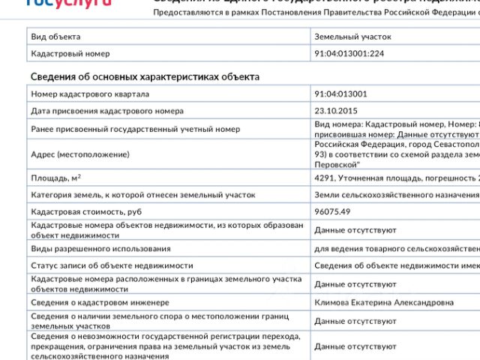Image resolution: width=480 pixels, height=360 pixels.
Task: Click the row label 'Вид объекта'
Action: tap(55, 36)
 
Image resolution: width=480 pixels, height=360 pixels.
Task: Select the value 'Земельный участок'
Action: tap(352, 36)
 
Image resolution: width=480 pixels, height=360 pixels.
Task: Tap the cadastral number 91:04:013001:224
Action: tap(349, 53)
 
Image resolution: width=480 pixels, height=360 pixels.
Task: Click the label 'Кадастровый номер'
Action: tap(70, 53)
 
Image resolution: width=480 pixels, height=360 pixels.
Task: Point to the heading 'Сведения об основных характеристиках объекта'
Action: tap(145, 76)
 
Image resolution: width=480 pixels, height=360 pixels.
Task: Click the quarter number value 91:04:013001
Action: tap(340, 94)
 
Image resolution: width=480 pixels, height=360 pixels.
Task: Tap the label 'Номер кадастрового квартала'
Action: tap(90, 94)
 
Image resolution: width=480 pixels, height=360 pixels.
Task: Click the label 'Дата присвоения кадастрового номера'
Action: tap(107, 111)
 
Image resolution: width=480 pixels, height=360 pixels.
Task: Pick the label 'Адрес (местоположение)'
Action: tap(80, 154)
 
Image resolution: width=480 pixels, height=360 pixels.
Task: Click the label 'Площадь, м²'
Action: tap(56, 178)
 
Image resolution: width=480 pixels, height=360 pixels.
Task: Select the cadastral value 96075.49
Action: tap(332, 211)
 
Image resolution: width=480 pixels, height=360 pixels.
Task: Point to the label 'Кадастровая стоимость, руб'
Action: tap(86, 211)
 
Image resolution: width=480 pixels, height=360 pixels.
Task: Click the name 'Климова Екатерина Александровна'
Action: tap(384, 302)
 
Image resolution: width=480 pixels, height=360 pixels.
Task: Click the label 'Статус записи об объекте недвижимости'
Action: tap(112, 265)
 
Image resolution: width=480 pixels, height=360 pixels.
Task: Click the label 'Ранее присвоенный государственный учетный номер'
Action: tap(135, 129)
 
